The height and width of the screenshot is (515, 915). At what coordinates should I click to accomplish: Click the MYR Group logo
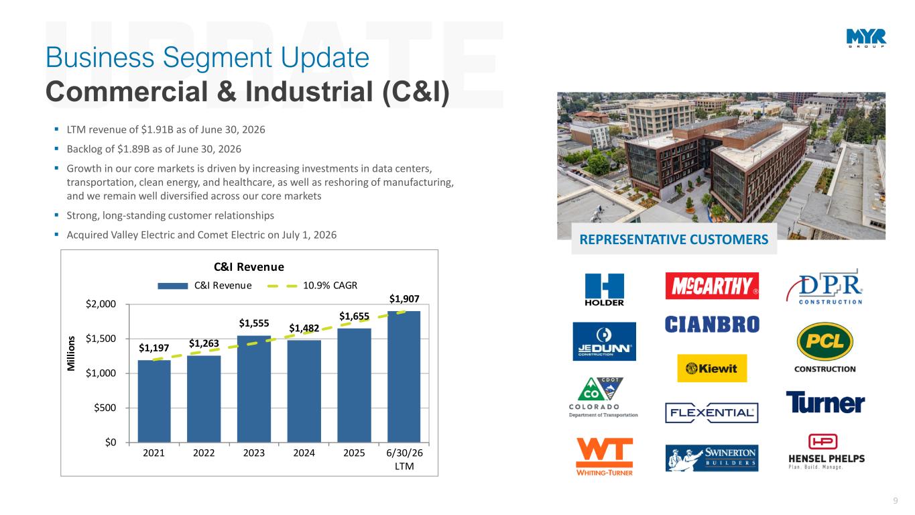866,38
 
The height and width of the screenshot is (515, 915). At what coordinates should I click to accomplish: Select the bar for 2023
253,389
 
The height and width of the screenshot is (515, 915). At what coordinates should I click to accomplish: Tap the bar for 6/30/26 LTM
404,376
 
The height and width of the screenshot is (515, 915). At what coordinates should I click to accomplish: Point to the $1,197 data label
154,348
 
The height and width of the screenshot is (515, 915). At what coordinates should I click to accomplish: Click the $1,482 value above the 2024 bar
304,328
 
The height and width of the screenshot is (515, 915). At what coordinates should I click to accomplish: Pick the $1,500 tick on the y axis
101,339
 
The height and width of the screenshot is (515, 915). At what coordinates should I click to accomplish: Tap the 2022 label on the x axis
204,453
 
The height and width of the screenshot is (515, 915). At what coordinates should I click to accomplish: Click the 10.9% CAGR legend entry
312,285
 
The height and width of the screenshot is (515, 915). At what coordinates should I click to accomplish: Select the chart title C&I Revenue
249,267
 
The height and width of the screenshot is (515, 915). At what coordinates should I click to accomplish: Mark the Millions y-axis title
71,353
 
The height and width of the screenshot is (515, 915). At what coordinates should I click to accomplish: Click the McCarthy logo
712,286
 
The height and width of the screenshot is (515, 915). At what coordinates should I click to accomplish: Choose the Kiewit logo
712,368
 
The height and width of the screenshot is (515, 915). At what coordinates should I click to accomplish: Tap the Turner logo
825,402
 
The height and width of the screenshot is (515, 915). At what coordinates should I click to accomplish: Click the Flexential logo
712,413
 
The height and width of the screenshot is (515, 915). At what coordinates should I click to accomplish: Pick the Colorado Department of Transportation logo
603,397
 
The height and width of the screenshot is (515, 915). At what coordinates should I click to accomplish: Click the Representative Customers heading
674,239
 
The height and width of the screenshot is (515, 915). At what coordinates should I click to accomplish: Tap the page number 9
896,501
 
